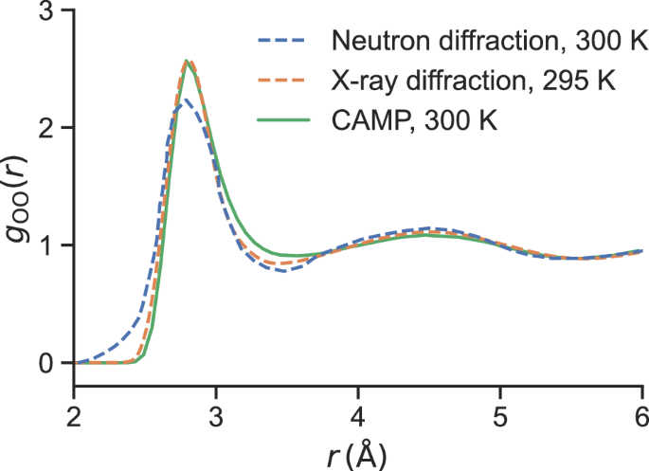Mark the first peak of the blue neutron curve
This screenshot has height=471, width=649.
pos(187,100)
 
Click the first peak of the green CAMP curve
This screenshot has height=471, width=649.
pos(188,61)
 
